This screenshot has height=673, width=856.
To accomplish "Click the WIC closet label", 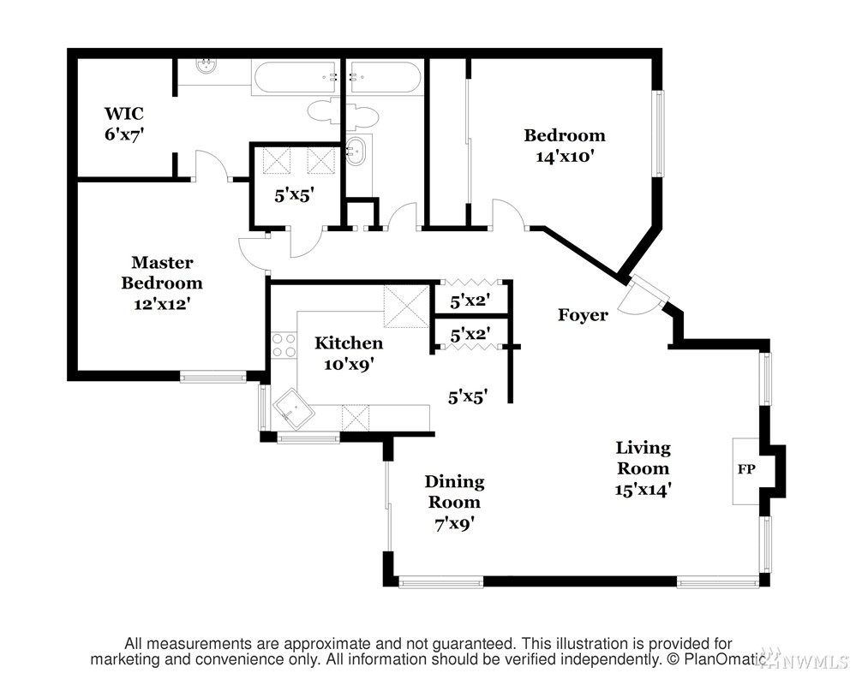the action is (124, 113).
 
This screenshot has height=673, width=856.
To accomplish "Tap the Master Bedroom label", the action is (162, 272).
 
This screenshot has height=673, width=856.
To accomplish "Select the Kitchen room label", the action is (349, 343).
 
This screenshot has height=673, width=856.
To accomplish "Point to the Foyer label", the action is (583, 315).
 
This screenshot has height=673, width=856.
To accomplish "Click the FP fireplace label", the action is (746, 469).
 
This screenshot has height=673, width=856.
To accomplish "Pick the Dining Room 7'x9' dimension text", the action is (454, 524).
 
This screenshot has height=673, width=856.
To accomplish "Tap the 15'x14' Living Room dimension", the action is (643, 490).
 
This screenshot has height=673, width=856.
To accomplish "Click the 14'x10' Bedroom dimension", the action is (565, 157).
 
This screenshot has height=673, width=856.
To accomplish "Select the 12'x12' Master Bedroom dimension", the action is (162, 304).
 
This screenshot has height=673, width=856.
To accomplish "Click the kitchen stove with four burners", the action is (284, 345).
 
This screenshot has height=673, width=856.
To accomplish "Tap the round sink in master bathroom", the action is (207, 67).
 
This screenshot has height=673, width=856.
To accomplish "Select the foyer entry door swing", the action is (638, 298).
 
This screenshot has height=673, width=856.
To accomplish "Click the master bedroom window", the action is (213, 376).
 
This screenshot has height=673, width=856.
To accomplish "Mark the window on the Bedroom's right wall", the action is (659, 134).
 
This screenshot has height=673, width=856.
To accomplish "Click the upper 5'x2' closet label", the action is (470, 301).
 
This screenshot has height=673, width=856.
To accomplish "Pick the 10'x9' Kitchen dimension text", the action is (349, 364).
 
